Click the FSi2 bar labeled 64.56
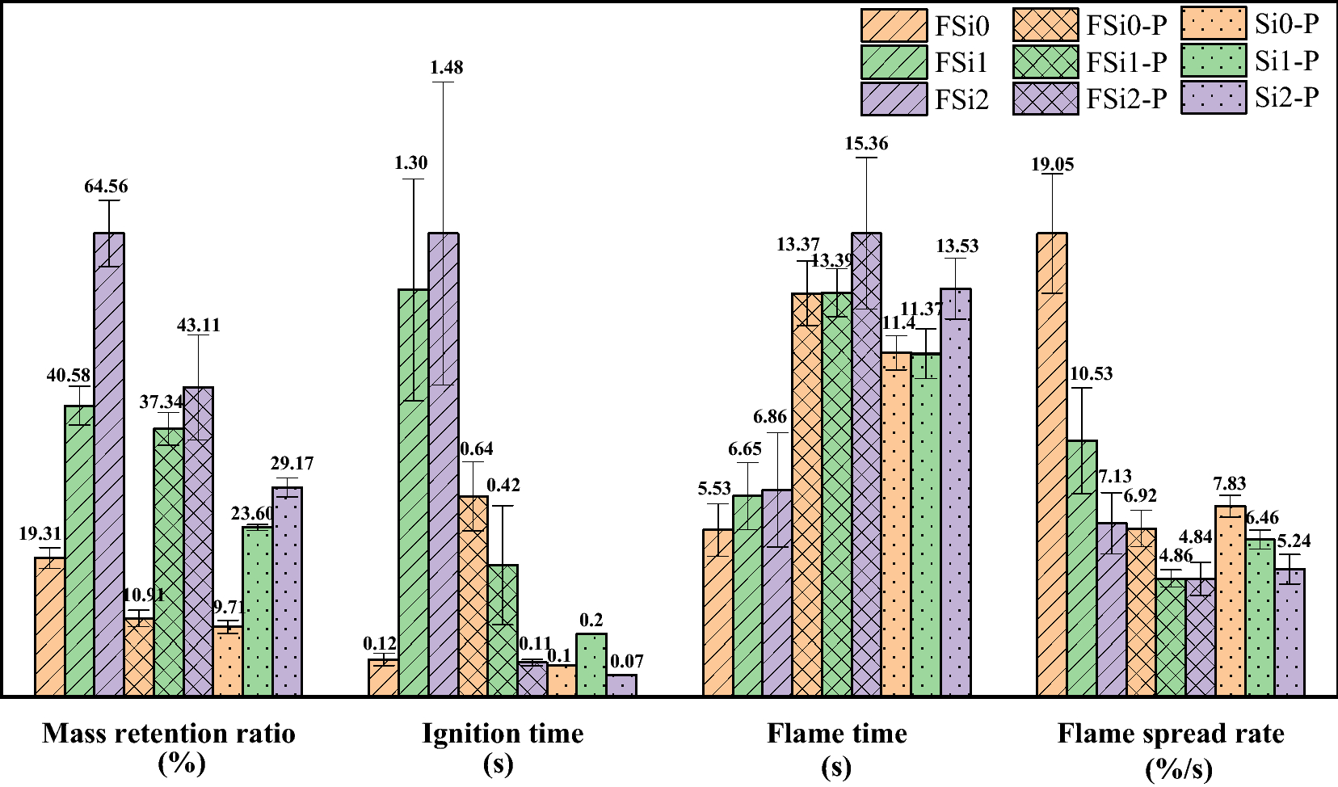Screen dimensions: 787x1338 pos(109,465)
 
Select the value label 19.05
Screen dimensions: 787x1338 pos(1052,165)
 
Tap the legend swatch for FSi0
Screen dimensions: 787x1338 pos(894,26)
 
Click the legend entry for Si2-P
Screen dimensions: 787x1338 pos(1286,98)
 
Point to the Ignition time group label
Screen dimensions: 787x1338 pos(502,734)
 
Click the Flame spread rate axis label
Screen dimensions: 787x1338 pos(1171,734)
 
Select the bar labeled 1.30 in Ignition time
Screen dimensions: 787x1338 pos(413,493)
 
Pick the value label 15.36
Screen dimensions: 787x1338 pos(866,144)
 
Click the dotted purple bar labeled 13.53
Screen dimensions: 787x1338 pos(955,493)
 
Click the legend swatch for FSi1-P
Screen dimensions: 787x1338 pos(1046,62)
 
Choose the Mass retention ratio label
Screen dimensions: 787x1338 pos(169,734)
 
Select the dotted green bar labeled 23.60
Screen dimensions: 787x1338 pos(257,612)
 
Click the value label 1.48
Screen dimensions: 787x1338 pos(446,68)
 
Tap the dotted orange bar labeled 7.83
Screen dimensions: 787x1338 pos(1230,601)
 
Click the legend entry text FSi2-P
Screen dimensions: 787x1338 pos(1126,99)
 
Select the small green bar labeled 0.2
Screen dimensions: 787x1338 pos(591,664)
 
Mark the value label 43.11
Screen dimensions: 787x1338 pos(198,326)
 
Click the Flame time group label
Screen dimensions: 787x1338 pos(836,734)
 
